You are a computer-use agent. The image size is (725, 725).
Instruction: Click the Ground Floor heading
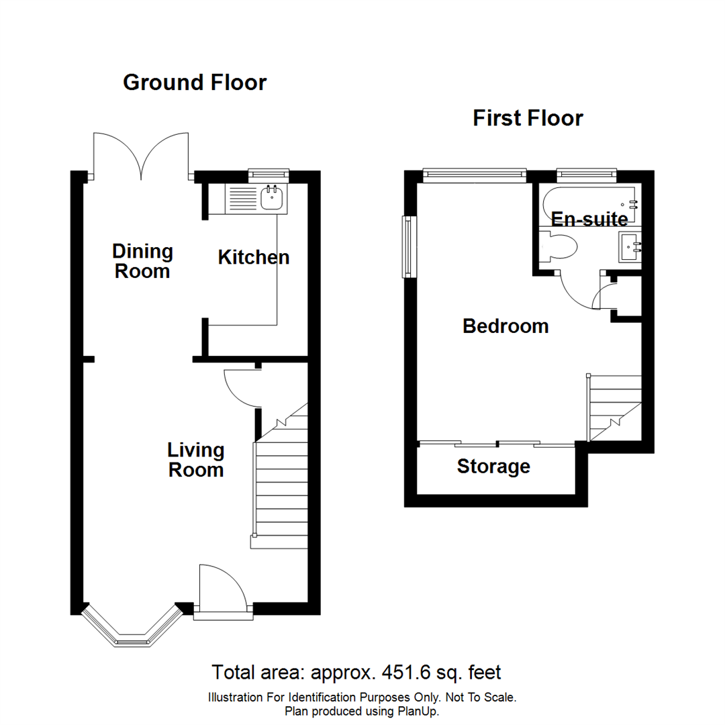(x=195, y=83)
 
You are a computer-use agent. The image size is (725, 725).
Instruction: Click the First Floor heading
(x=528, y=119)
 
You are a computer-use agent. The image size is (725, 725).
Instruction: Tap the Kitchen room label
(x=254, y=257)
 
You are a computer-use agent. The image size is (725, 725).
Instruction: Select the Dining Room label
(x=142, y=261)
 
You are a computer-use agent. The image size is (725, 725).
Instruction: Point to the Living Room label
(x=195, y=459)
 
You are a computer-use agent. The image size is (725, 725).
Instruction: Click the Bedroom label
(x=505, y=326)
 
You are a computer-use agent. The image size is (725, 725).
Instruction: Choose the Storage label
(x=493, y=466)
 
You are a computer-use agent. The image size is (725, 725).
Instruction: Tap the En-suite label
(x=589, y=219)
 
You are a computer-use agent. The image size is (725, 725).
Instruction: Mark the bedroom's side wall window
(x=407, y=246)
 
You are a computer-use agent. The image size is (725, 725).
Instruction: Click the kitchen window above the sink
(x=268, y=175)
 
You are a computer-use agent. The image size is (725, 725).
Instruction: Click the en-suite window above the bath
(x=586, y=175)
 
